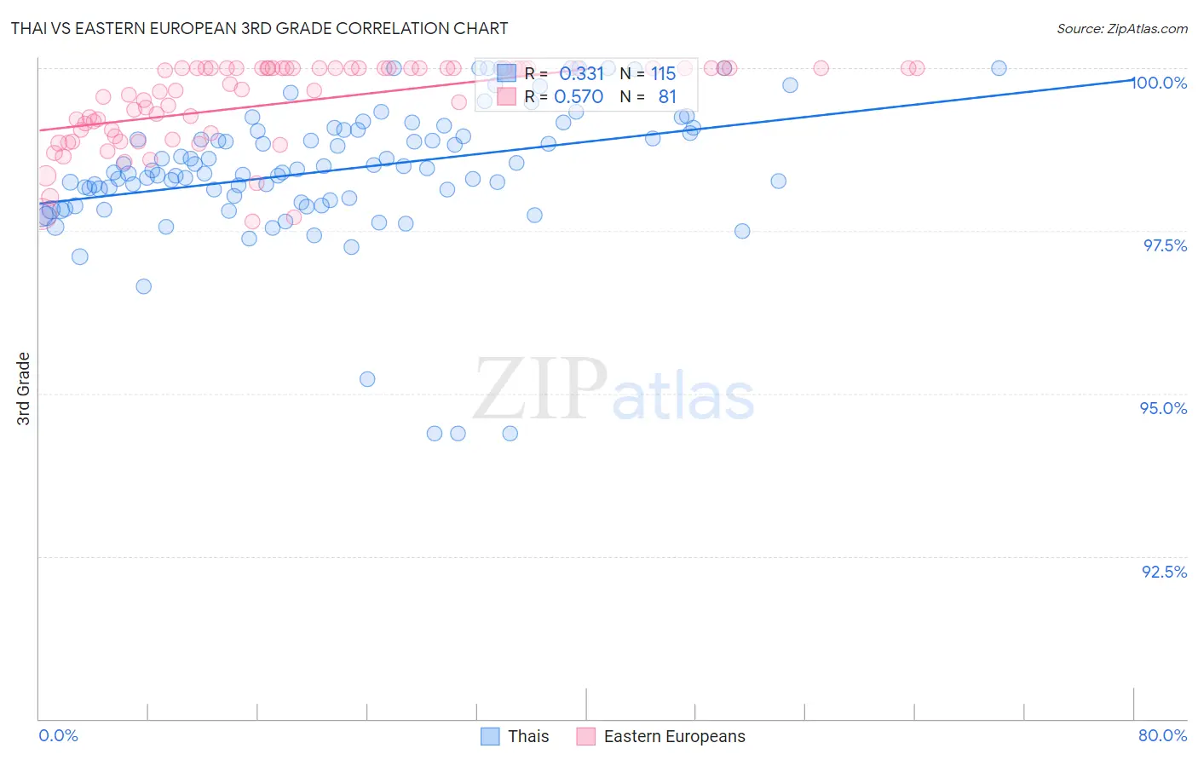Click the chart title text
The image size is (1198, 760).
(259, 28)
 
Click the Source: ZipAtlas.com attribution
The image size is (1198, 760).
(1121, 28)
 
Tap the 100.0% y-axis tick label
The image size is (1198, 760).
(1159, 83)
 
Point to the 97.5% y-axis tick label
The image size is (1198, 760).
(1165, 245)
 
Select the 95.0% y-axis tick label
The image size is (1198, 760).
(1163, 408)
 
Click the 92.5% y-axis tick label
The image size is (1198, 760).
(1164, 572)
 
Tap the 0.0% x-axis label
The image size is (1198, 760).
(58, 735)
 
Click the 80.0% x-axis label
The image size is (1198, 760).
(1162, 735)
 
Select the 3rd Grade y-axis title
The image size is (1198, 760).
(24, 389)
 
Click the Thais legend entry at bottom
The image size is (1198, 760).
(527, 736)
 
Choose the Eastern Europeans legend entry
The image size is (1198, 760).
(673, 736)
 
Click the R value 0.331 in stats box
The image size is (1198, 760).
(581, 74)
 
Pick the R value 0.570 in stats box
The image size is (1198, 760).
(579, 97)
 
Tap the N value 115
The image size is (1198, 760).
(663, 74)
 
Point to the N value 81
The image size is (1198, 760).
(667, 97)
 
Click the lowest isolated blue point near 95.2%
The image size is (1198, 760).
(367, 379)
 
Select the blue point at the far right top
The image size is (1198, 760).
(999, 68)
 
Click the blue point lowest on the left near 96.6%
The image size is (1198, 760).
(143, 286)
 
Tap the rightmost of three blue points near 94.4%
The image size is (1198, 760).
(510, 434)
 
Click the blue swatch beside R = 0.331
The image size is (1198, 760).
(507, 73)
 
